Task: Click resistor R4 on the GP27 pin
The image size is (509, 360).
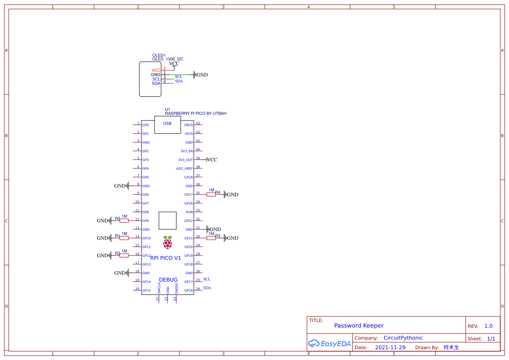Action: click(x=211, y=195)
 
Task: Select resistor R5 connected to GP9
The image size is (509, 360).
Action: click(x=124, y=221)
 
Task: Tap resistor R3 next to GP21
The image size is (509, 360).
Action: click(x=211, y=238)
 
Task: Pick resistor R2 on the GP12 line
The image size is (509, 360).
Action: click(x=124, y=256)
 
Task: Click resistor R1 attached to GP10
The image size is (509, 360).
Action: click(x=124, y=238)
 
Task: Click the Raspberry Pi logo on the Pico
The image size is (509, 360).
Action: click(x=168, y=242)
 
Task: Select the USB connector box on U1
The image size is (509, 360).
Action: click(x=168, y=124)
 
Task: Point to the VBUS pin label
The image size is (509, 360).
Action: click(x=188, y=125)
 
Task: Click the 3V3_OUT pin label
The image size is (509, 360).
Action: click(x=185, y=160)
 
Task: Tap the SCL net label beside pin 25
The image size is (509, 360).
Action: click(x=207, y=279)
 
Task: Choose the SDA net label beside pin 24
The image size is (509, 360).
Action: click(x=207, y=288)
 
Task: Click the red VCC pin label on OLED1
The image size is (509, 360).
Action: click(x=156, y=71)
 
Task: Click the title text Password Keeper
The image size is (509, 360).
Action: click(x=359, y=326)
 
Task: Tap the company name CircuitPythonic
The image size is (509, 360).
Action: click(x=403, y=338)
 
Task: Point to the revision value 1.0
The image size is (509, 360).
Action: click(x=489, y=326)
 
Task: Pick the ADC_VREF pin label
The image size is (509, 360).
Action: click(x=184, y=168)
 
